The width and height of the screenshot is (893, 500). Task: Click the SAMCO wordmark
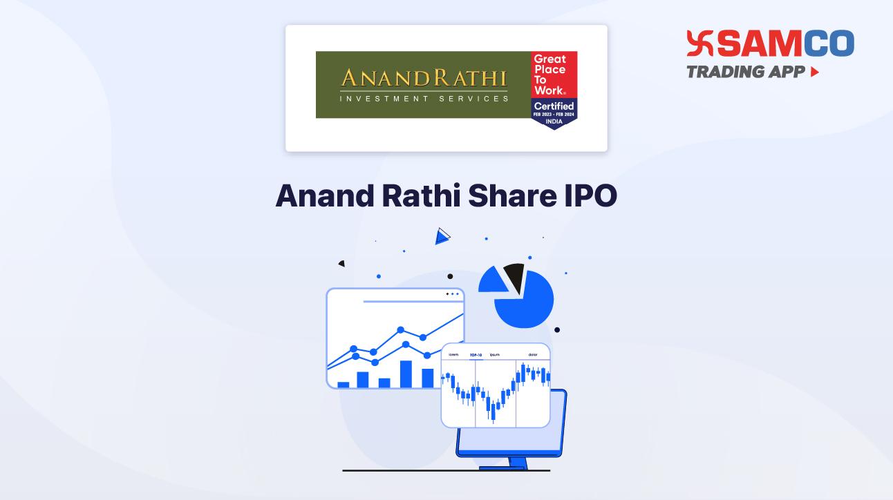pyautogui.click(x=787, y=44)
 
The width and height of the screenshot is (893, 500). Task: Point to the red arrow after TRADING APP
pyautogui.click(x=815, y=72)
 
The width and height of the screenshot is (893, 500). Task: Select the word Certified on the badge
pyautogui.click(x=554, y=106)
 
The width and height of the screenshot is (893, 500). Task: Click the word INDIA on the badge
pyautogui.click(x=554, y=122)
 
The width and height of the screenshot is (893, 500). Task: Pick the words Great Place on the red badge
pyautogui.click(x=549, y=64)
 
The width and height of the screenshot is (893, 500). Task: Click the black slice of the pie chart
pyautogui.click(x=514, y=277)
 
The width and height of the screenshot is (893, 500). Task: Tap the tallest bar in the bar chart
pyautogui.click(x=406, y=374)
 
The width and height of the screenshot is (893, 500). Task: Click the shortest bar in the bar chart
pyautogui.click(x=344, y=384)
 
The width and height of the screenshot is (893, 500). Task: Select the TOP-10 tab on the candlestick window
pyautogui.click(x=476, y=355)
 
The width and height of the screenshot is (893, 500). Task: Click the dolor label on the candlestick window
pyautogui.click(x=533, y=355)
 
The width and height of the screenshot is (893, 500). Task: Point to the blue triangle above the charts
pyautogui.click(x=442, y=237)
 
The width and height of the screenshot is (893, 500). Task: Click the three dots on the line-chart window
pyautogui.click(x=452, y=294)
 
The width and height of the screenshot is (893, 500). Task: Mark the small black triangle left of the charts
pyautogui.click(x=341, y=263)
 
